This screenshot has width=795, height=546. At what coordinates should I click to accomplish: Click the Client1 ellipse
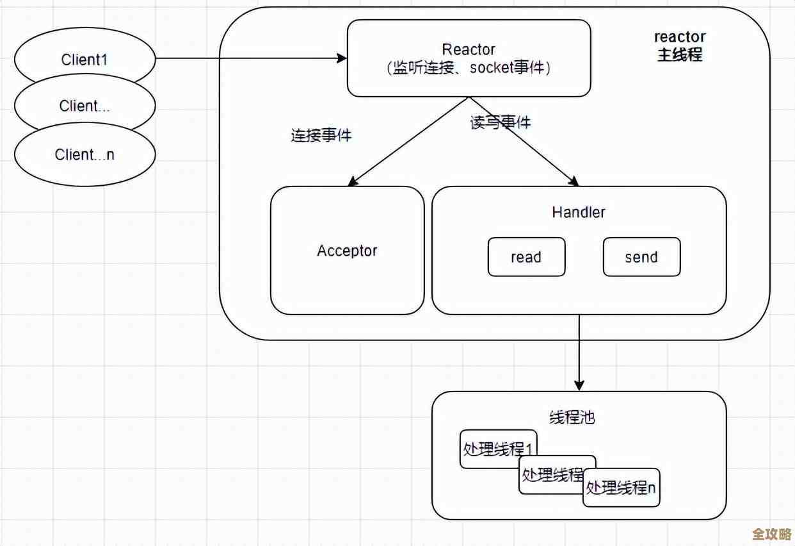pyautogui.click(x=84, y=60)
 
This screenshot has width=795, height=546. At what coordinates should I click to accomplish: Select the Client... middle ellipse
pyautogui.click(x=84, y=106)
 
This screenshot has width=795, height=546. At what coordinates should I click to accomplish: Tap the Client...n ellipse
pyautogui.click(x=84, y=154)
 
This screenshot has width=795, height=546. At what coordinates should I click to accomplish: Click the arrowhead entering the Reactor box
pyautogui.click(x=342, y=58)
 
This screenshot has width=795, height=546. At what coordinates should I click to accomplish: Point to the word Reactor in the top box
pyautogui.click(x=469, y=49)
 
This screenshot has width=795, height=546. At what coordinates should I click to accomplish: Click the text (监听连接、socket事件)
pyautogui.click(x=469, y=68)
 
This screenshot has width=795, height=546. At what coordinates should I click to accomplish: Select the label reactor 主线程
pyautogui.click(x=680, y=46)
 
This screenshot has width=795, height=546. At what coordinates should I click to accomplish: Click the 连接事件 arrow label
pyautogui.click(x=321, y=135)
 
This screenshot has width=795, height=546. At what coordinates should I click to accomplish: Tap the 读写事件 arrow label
pyautogui.click(x=501, y=122)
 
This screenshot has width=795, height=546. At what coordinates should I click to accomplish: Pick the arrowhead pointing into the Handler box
pyautogui.click(x=574, y=181)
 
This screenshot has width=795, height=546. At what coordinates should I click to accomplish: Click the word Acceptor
pyautogui.click(x=347, y=251)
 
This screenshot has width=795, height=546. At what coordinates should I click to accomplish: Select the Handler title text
pyautogui.click(x=579, y=212)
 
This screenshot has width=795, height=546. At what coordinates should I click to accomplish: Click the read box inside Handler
pyautogui.click(x=526, y=257)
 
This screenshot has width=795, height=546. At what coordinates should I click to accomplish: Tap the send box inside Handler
pyautogui.click(x=641, y=257)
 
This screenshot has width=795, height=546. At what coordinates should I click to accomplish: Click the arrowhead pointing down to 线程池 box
pyautogui.click(x=579, y=386)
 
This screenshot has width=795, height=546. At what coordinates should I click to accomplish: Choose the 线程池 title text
pyautogui.click(x=572, y=417)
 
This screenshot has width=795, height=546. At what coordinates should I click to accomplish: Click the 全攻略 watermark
pyautogui.click(x=771, y=534)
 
